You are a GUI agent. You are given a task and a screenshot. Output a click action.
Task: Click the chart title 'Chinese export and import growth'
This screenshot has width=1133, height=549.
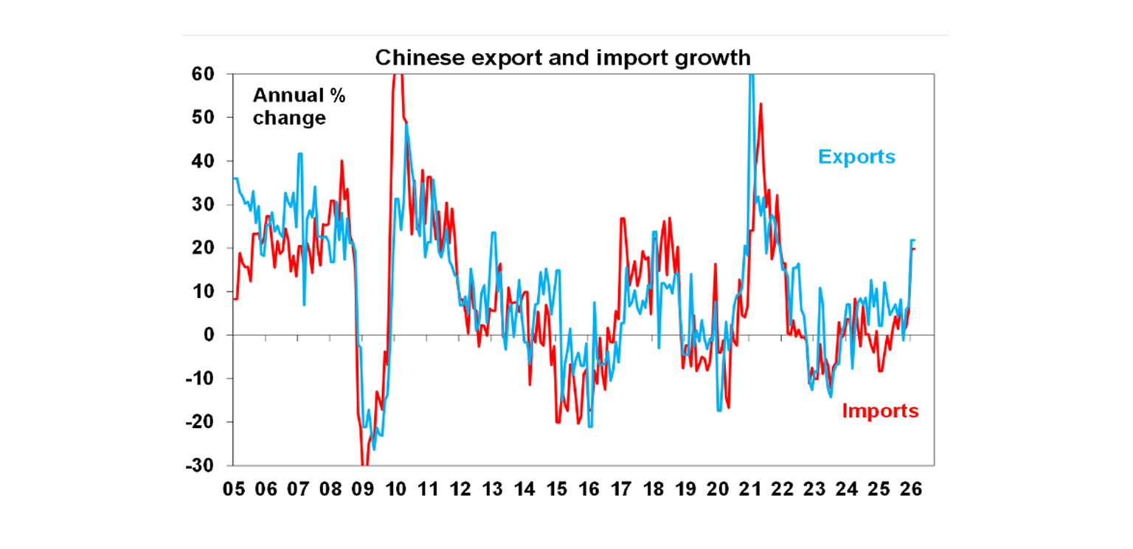tap(562, 58)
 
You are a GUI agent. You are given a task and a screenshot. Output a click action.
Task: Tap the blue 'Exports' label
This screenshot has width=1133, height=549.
tap(856, 156)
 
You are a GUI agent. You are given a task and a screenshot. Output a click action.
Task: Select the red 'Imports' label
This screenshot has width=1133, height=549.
tap(880, 410)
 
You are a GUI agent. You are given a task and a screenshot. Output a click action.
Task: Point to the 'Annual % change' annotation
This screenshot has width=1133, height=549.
tap(299, 106)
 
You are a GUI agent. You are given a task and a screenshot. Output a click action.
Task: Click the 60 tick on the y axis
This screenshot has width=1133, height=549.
tap(204, 74)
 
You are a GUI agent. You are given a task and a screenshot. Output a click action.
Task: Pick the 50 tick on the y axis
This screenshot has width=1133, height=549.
tap(204, 117)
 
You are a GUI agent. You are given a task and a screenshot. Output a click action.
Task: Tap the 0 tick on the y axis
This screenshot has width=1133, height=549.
tap(209, 335)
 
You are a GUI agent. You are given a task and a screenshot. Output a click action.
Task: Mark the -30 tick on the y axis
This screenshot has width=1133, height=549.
tap(201, 466)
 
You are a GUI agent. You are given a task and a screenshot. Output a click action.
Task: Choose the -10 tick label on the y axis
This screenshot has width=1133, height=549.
tap(201, 379)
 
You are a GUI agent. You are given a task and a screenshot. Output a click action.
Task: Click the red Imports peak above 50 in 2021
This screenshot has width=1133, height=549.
tap(760, 104)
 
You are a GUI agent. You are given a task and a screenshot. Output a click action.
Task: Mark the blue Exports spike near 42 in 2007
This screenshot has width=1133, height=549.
tap(300, 153)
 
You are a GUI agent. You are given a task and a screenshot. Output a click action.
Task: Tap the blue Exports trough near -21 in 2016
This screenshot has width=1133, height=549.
tap(591, 427)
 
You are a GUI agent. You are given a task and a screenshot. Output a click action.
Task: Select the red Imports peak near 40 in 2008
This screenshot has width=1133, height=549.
tap(342, 161)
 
